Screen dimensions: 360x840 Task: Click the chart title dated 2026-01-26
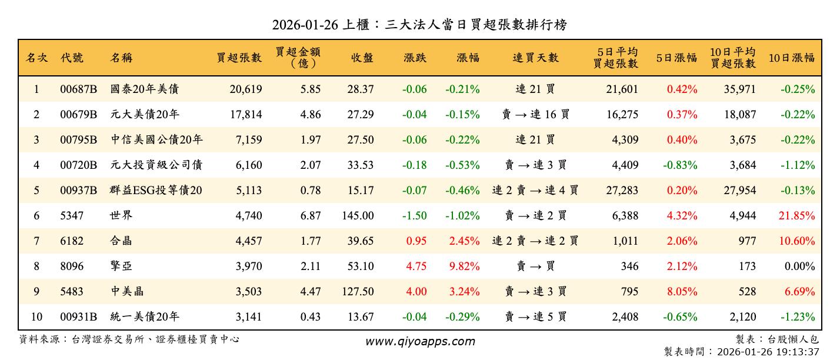coord(419,25)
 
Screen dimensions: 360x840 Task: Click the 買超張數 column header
coord(239,58)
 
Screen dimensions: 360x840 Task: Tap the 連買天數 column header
coord(535,58)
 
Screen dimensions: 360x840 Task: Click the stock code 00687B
coord(78,89)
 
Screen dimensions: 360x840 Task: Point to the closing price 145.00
coord(358,216)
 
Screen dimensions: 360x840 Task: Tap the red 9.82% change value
coord(464,266)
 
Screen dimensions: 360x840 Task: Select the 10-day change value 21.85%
coord(797,216)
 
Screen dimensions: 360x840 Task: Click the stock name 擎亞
coord(121,266)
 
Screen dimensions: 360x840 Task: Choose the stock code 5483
coord(72,292)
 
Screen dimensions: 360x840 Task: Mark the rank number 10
coord(36,317)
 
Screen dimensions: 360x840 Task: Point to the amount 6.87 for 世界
coord(311,216)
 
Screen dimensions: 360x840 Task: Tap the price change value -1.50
coord(414,216)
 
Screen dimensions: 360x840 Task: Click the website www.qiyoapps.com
coord(419,341)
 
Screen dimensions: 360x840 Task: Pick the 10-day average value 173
coord(747,266)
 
